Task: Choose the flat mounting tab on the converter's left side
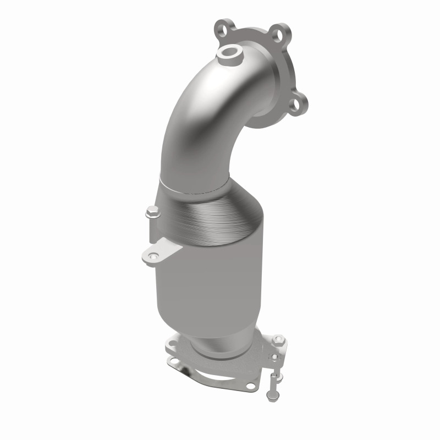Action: click(162, 250)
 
